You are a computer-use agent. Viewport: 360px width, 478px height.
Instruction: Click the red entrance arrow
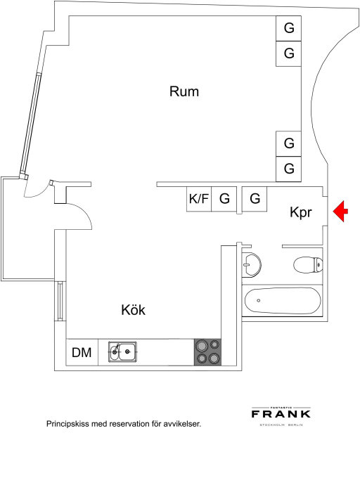click(340, 212)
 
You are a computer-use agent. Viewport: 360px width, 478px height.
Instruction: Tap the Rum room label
click(184, 91)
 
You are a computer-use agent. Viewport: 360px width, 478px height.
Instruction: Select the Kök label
click(133, 310)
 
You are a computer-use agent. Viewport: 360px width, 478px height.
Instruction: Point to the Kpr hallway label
click(301, 212)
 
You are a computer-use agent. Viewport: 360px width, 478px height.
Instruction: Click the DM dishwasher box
click(82, 352)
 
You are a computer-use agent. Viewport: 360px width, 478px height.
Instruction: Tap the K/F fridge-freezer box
click(199, 199)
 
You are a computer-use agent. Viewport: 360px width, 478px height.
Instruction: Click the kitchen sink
click(122, 351)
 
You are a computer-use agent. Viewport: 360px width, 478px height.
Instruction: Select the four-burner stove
click(208, 351)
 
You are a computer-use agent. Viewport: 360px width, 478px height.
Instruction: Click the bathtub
click(283, 301)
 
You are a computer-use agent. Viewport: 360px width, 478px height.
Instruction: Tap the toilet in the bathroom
click(308, 264)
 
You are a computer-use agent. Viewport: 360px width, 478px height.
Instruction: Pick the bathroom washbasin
click(252, 265)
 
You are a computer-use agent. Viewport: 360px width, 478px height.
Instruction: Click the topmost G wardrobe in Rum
click(289, 28)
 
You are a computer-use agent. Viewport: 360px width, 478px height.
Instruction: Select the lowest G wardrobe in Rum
click(289, 169)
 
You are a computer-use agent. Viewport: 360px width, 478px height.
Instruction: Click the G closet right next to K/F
click(224, 199)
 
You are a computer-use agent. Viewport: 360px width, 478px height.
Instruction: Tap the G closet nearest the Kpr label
click(255, 199)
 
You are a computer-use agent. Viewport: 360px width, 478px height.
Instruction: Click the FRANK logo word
click(281, 413)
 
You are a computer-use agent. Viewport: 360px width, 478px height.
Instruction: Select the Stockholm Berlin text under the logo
click(281, 425)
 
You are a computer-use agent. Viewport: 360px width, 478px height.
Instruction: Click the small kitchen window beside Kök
click(60, 301)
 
